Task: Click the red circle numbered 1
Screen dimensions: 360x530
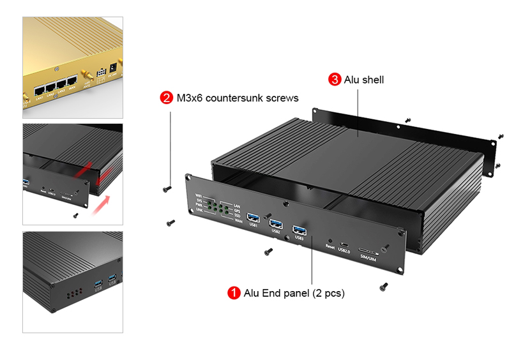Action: click(234, 293)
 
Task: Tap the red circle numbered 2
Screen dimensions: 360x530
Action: click(166, 98)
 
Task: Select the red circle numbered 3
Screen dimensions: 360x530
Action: click(335, 80)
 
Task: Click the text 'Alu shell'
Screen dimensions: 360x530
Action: click(364, 80)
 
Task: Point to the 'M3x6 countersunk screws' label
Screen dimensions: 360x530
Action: click(238, 98)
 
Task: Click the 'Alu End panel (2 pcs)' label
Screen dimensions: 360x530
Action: click(294, 293)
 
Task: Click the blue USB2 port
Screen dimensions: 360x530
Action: click(276, 223)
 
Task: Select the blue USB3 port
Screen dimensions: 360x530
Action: click(299, 230)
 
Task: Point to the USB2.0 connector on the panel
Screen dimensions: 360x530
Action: click(344, 244)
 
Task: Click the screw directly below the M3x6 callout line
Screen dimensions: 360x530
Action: click(167, 188)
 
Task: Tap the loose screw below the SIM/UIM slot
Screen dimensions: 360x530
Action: click(383, 286)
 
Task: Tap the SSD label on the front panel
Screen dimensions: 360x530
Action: click(237, 214)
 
